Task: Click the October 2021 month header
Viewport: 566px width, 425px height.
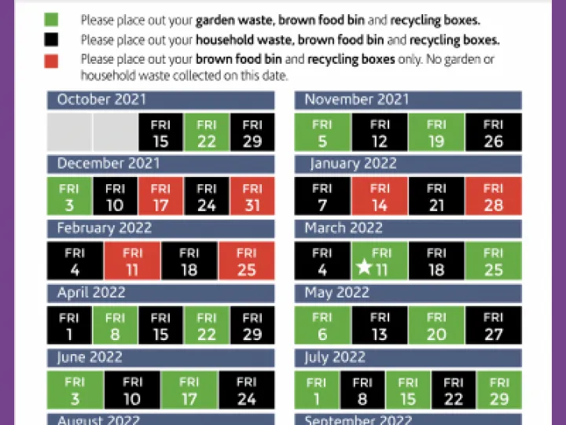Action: point(160,100)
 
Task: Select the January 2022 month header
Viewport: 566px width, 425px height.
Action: point(408,164)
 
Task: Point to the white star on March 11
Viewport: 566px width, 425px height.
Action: point(363,268)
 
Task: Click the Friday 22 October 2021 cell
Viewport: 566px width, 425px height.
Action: point(206,133)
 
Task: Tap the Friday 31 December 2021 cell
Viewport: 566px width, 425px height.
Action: point(252,197)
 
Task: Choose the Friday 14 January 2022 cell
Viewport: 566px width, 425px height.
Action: point(380,197)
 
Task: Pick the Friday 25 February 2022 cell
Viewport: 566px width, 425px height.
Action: point(246,261)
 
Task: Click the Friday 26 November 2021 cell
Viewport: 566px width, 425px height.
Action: point(493,133)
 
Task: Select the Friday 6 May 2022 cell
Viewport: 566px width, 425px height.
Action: point(322,325)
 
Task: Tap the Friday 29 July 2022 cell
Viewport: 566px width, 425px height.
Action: point(498,390)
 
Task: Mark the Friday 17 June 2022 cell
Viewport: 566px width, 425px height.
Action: point(189,390)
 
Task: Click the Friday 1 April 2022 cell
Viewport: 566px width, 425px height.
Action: point(69,325)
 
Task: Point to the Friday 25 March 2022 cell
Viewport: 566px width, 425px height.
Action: point(493,261)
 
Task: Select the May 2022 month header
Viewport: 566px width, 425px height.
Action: point(408,293)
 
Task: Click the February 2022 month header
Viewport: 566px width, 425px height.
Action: point(160,228)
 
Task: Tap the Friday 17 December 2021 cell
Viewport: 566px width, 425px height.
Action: point(160,197)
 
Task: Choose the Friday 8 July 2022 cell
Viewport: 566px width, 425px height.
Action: point(362,390)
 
